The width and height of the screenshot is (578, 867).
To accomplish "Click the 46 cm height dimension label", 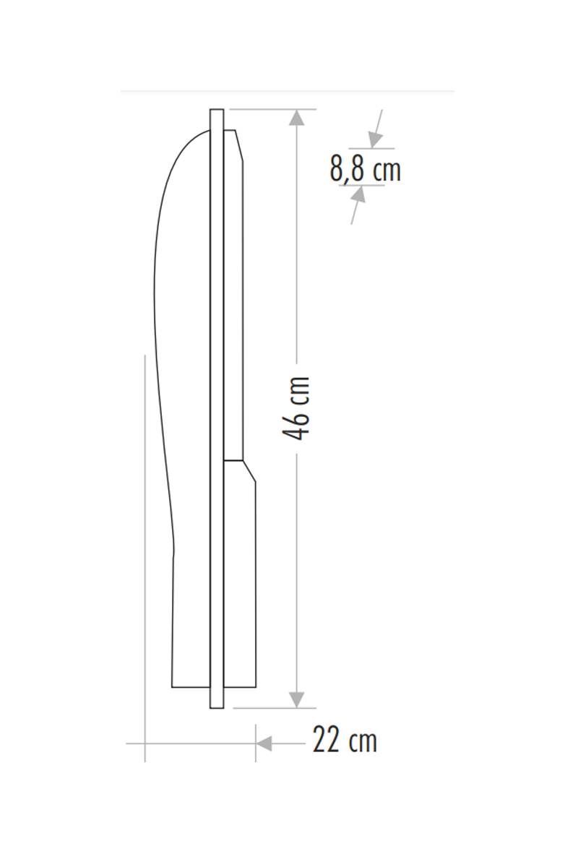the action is (x=296, y=407).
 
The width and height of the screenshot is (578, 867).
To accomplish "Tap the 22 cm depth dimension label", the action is (x=345, y=740).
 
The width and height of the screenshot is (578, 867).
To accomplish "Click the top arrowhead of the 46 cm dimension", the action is (x=296, y=118).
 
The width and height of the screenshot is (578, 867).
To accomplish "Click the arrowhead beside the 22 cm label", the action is (x=264, y=743).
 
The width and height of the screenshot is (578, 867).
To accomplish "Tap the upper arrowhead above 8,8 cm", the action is (x=375, y=139).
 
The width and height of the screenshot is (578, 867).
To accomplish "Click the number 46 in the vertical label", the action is (x=296, y=425).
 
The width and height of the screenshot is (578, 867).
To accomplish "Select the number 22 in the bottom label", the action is (x=325, y=740).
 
